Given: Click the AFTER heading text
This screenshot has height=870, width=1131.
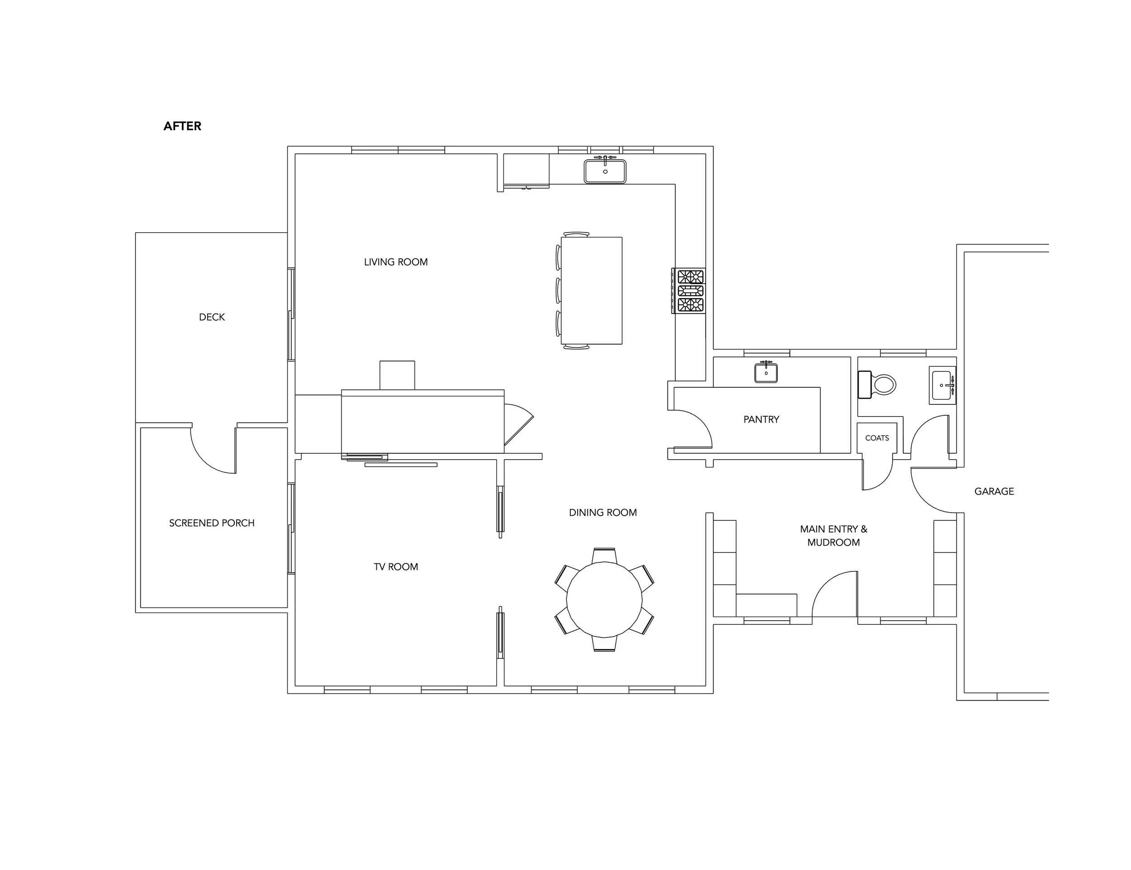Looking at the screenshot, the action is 182,126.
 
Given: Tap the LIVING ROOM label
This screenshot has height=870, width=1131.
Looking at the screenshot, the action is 396,262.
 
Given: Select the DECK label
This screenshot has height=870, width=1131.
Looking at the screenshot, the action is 212,317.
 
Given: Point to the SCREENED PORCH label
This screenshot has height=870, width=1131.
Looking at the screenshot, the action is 212,523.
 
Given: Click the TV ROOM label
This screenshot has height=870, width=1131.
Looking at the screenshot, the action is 396,566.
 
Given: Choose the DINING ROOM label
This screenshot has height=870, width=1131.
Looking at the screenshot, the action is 603,513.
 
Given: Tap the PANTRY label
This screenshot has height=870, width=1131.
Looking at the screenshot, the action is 761,419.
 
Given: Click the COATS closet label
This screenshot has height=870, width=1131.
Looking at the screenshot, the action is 877,438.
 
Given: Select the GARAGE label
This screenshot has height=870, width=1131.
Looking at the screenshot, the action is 994,491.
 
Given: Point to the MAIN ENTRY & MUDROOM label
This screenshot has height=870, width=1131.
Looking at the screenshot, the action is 833,536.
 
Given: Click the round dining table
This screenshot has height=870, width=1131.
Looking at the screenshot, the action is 604,599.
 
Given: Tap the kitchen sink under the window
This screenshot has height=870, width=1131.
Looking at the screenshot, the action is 605,171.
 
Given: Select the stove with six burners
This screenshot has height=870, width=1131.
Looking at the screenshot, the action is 688,290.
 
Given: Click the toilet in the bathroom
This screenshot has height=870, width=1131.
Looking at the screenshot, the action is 877,385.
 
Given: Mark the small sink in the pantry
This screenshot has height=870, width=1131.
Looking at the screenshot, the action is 766,372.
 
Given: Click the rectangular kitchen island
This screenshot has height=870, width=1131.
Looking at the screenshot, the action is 591,290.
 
